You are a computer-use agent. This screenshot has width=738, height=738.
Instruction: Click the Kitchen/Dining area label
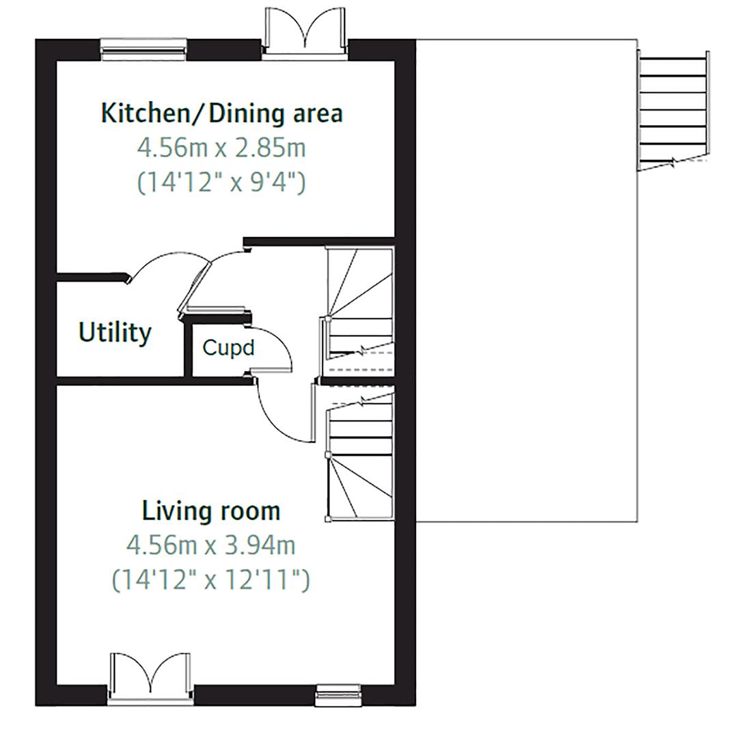(221, 113)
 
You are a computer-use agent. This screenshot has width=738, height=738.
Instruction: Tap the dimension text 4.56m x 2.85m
(221, 148)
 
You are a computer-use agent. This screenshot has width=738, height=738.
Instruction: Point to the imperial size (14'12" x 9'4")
(221, 182)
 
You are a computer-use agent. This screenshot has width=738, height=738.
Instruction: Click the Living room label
(210, 510)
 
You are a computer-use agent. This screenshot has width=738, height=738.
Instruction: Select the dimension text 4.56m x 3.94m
(210, 545)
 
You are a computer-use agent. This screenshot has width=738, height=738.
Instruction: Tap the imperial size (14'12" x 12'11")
(210, 580)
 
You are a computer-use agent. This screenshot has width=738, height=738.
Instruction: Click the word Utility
(115, 333)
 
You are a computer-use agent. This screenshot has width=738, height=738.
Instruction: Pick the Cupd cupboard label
(228, 348)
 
